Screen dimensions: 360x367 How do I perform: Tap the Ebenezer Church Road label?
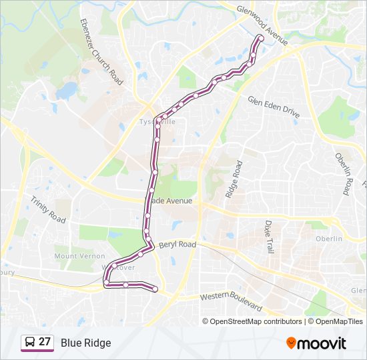(x=101, y=52)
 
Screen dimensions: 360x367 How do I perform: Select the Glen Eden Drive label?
(x=274, y=108)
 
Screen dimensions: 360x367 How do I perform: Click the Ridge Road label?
(x=233, y=179)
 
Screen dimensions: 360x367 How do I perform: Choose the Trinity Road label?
(x=47, y=210)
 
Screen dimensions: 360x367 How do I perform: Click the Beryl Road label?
(x=177, y=245)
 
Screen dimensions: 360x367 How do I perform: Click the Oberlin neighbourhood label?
(x=328, y=239)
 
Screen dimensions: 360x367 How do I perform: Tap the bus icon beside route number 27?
(x=30, y=343)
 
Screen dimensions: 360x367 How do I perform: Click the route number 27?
(x=45, y=343)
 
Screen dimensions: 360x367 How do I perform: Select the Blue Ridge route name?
(x=85, y=343)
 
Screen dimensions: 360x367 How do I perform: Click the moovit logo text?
(x=322, y=343)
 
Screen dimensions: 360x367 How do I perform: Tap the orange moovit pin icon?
(x=291, y=343)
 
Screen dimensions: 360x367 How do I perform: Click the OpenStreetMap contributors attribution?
(x=256, y=321)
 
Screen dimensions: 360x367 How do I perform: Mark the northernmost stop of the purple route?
(x=260, y=38)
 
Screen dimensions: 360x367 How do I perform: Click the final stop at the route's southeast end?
(x=155, y=289)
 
